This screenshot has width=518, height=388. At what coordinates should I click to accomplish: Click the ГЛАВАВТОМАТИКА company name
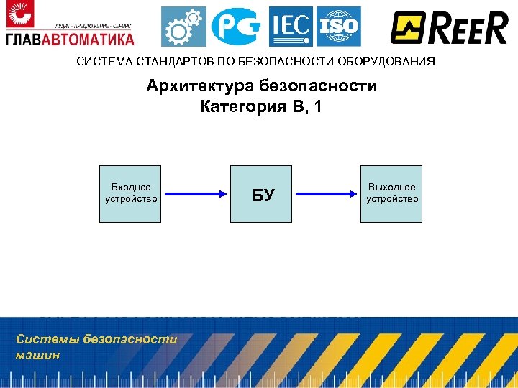[x=70, y=37]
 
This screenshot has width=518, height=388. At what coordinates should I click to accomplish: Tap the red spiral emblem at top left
[x=19, y=15]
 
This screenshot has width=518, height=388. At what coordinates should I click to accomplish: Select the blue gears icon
[x=182, y=27]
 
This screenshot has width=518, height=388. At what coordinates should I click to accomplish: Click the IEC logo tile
[x=291, y=27]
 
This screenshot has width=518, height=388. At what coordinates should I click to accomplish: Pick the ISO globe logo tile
[x=338, y=27]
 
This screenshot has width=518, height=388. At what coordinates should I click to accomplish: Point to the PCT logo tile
[x=237, y=27]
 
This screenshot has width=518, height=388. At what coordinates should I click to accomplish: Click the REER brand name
[x=467, y=28]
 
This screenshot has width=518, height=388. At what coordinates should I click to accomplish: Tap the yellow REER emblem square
[x=408, y=28]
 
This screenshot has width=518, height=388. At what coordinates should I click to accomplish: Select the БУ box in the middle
[x=262, y=194]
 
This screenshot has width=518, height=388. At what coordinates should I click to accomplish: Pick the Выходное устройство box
[x=391, y=193]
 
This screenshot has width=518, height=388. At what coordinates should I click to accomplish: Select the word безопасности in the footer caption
[x=129, y=339]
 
